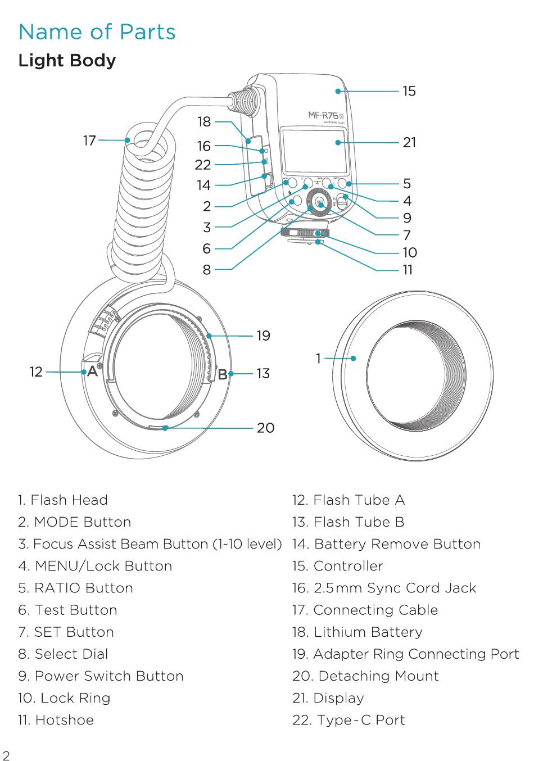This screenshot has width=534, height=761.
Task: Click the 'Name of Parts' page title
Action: click(x=97, y=31)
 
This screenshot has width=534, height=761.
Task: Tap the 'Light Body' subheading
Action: click(x=67, y=61)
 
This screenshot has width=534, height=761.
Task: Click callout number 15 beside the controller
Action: click(x=409, y=91)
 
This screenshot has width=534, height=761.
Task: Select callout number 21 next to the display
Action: click(x=409, y=142)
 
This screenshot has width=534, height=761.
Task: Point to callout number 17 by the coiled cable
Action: click(x=90, y=141)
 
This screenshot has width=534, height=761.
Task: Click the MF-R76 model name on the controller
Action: click(x=323, y=115)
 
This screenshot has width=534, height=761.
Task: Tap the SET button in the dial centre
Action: click(x=320, y=203)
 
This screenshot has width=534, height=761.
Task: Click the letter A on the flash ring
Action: click(x=92, y=372)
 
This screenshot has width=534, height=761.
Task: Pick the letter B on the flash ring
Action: click(x=223, y=374)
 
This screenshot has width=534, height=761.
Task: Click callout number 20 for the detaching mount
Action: click(x=265, y=428)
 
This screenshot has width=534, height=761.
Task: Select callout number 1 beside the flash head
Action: click(x=318, y=359)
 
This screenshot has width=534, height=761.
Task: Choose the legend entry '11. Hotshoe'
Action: click(x=56, y=720)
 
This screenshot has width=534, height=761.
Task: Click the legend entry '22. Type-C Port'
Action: click(x=349, y=720)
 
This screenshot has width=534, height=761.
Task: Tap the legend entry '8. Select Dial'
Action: click(x=63, y=654)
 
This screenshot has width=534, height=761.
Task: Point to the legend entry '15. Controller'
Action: click(x=338, y=566)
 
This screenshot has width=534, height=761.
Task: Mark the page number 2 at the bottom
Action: click(x=6, y=757)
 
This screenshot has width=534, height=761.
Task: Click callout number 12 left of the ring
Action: click(x=36, y=372)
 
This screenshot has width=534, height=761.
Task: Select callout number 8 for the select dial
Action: click(x=206, y=270)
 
